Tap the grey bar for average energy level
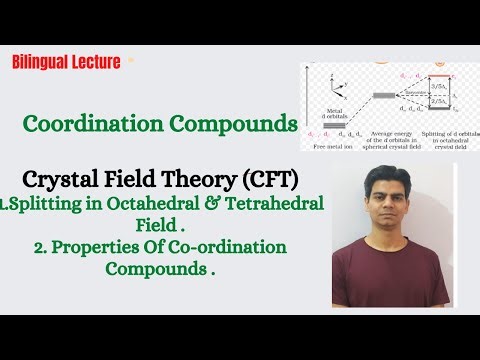tap(384, 96)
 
